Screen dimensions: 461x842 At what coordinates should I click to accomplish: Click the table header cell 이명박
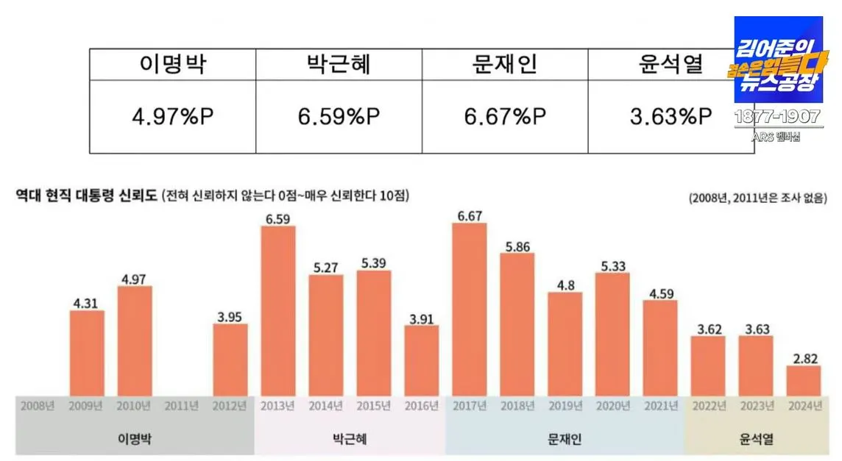pyautogui.click(x=173, y=65)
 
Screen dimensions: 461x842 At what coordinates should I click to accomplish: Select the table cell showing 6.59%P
pyautogui.click(x=339, y=116)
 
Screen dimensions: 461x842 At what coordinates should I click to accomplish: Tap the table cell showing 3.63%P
pyautogui.click(x=671, y=116)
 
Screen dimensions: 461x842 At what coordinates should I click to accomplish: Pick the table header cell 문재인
pyautogui.click(x=504, y=65)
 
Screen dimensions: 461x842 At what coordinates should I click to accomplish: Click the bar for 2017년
pyautogui.click(x=470, y=309)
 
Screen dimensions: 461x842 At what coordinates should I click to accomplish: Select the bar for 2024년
pyautogui.click(x=803, y=380)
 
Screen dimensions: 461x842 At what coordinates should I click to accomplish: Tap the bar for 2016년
pyautogui.click(x=422, y=360)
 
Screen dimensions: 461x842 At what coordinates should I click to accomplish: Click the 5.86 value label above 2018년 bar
pyautogui.click(x=517, y=245)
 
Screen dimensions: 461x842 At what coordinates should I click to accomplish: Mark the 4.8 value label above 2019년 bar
pyautogui.click(x=565, y=284)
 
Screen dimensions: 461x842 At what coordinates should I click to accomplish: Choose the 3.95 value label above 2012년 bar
pyautogui.click(x=230, y=315)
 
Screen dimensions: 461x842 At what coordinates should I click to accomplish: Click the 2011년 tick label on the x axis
pyautogui.click(x=182, y=405)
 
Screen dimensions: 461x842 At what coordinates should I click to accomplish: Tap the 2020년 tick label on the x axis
pyautogui.click(x=612, y=405)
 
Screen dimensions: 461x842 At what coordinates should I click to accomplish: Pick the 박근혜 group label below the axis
pyautogui.click(x=350, y=440)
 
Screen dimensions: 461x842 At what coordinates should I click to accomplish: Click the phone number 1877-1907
pyautogui.click(x=778, y=118)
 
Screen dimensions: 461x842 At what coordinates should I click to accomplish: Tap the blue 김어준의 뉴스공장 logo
pyautogui.click(x=778, y=60)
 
